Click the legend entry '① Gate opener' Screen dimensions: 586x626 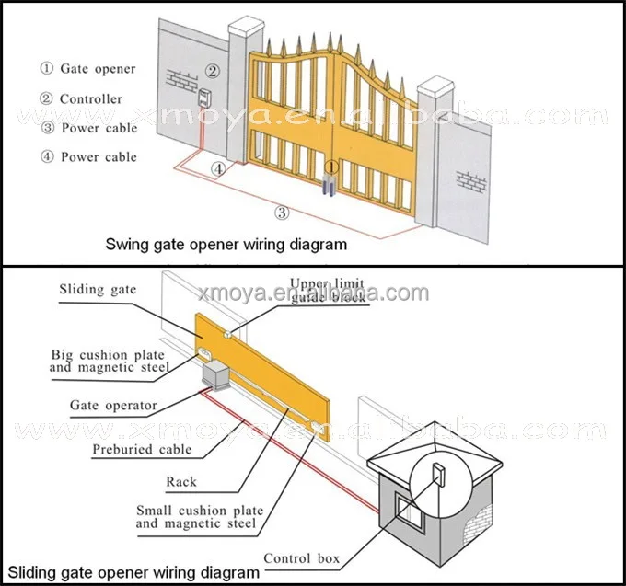(87, 69)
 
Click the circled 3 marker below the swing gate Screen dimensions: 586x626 (284, 213)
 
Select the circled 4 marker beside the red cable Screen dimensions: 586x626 (217, 169)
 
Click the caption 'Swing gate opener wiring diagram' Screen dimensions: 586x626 (226, 245)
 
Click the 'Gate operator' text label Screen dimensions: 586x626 (113, 405)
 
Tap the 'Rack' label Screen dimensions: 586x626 (181, 481)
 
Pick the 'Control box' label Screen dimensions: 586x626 (301, 558)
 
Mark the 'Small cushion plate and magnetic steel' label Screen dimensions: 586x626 (199, 517)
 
